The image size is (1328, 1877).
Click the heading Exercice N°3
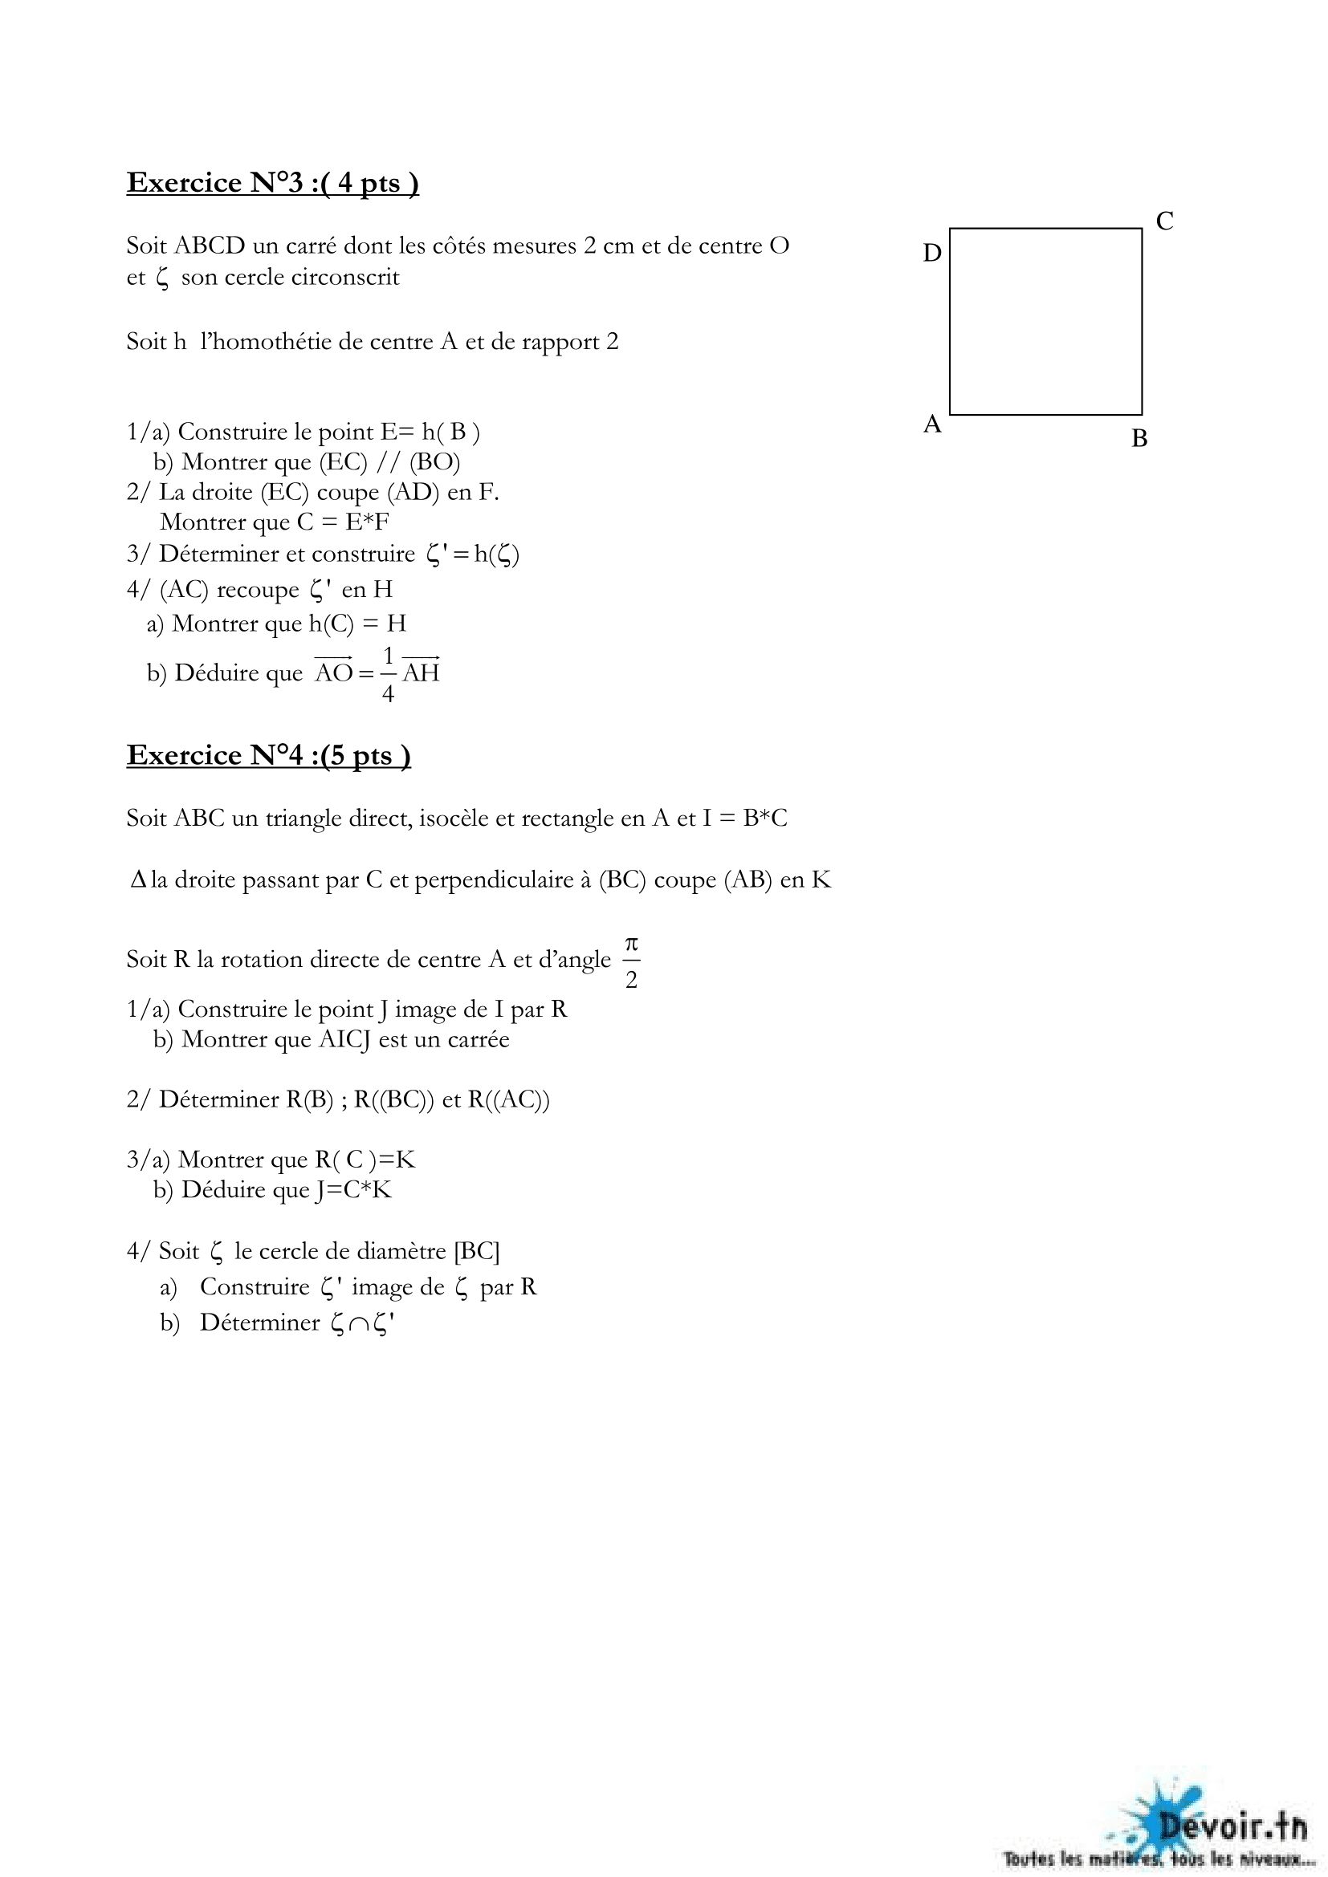click(272, 182)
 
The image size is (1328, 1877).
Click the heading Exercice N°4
click(268, 755)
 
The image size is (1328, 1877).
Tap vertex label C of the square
click(1164, 221)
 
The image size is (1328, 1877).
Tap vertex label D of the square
click(932, 254)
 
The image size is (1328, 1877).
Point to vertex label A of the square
click(932, 424)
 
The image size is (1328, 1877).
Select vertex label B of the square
click(1139, 439)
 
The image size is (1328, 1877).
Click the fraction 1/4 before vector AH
click(389, 673)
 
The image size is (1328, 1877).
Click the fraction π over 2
click(631, 961)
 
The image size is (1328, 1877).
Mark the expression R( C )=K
click(365, 1160)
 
